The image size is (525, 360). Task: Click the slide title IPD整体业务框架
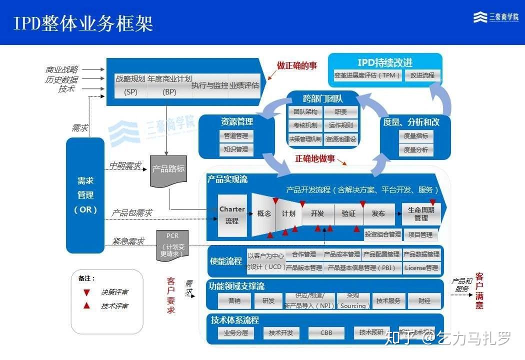(83, 23)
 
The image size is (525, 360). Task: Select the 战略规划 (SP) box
(130, 85)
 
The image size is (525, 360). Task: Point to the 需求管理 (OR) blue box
(85, 195)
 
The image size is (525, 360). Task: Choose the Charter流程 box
(232, 215)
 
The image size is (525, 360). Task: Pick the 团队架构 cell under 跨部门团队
(305, 112)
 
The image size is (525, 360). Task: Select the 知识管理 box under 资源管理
(235, 149)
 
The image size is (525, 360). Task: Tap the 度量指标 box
(415, 136)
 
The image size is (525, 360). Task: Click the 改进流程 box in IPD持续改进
(422, 75)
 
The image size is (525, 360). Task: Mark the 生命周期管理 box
(421, 214)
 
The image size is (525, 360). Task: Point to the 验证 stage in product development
(348, 213)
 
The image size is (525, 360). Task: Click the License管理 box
(421, 268)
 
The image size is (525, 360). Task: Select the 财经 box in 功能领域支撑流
(424, 301)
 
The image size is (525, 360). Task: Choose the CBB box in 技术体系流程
(326, 333)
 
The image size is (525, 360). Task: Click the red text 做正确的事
(297, 65)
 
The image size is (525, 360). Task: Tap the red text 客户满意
(479, 290)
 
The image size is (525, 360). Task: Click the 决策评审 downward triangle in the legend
(86, 292)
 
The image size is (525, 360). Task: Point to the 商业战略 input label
(62, 69)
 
